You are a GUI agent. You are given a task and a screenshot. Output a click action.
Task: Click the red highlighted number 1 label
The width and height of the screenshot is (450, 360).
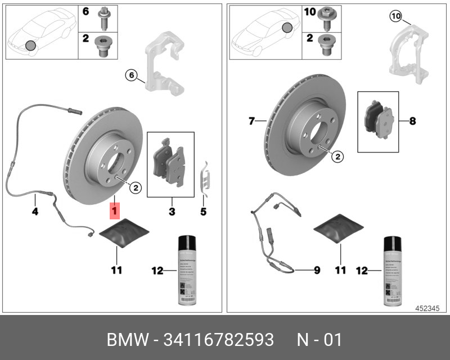coord(114,211)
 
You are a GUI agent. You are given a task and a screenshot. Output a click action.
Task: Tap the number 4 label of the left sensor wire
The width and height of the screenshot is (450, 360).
coord(34,212)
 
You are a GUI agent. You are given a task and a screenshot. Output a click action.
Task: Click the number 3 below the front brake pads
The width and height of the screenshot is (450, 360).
coord(172,211)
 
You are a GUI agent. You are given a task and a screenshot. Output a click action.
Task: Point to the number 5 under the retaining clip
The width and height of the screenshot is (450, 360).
coord(204,211)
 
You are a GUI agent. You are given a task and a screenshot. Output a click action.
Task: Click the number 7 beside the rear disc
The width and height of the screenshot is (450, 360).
coord(252,120)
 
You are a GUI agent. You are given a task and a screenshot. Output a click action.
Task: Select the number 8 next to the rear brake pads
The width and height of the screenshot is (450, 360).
coord(412,120)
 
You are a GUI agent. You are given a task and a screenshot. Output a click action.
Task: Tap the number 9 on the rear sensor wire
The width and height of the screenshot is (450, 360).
coord(317,271)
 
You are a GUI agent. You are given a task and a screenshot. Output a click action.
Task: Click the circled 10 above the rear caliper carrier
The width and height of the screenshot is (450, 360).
coord(395,16)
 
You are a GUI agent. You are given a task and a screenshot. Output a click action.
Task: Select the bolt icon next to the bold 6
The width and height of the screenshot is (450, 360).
coord(104,17)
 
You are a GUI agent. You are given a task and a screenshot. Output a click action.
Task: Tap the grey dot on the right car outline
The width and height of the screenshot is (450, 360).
coord(287,27)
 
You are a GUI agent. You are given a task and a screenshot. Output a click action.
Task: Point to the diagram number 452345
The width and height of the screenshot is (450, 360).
coord(428,308)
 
